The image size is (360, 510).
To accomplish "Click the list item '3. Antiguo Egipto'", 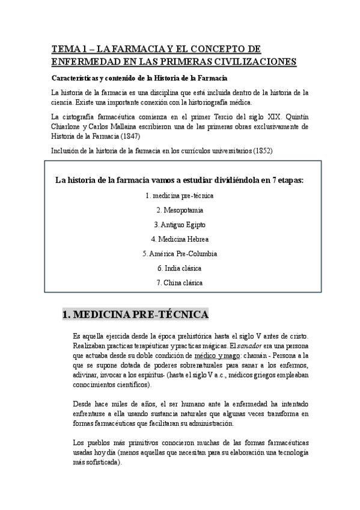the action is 180,224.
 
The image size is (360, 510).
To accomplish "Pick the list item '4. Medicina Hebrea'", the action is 180,239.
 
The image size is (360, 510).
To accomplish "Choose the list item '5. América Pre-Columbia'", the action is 180,253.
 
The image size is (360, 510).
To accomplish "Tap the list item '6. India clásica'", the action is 180,268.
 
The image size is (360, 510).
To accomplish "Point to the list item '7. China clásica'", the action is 180,282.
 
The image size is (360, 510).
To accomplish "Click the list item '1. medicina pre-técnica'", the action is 180,195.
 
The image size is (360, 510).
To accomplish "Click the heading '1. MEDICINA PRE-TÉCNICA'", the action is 136,315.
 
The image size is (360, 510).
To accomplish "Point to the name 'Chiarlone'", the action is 71,127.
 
